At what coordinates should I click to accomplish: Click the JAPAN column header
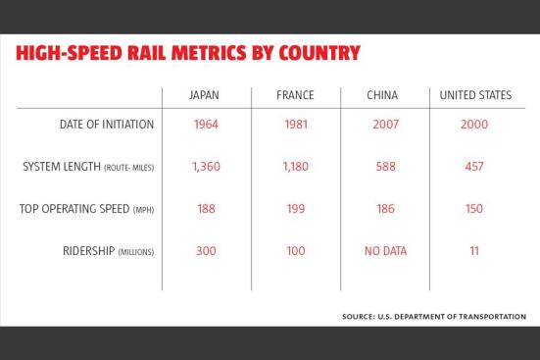204,95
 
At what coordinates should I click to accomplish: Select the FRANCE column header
295,95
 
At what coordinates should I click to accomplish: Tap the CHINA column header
382,95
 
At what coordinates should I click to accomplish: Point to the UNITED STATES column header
475,95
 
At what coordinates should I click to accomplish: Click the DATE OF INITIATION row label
107,125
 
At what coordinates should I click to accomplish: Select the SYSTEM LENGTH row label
88,167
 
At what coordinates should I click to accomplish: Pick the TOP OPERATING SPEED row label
86,209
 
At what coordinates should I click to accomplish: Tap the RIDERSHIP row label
108,251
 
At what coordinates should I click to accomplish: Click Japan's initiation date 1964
206,125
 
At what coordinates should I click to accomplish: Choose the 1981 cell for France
296,125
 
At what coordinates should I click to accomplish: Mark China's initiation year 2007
385,125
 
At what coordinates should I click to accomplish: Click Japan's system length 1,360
206,167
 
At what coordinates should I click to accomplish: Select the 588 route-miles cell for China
385,167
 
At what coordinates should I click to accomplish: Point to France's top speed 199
296,209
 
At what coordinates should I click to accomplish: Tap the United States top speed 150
474,209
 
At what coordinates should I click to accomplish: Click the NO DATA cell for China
385,251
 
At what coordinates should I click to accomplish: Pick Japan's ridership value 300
206,251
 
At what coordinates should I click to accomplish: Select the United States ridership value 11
474,251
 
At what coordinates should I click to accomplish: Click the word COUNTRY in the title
319,53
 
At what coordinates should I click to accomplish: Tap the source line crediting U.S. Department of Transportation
434,317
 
